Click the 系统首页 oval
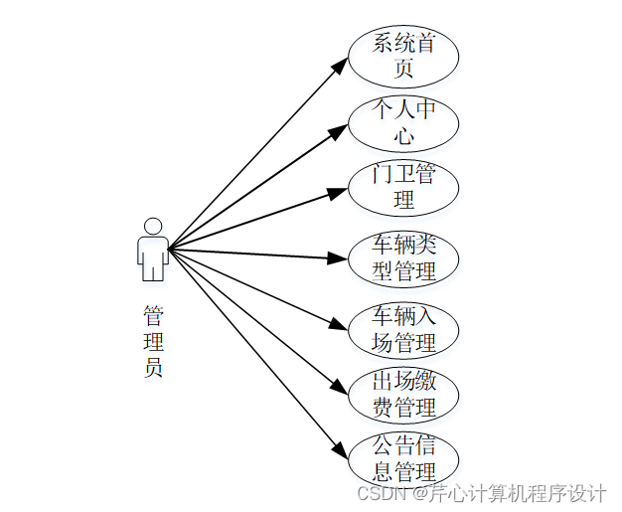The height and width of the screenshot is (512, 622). click(402, 56)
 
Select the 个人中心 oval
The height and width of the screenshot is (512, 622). click(402, 122)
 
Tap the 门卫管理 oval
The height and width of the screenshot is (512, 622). click(402, 187)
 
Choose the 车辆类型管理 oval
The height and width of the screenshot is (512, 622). click(402, 257)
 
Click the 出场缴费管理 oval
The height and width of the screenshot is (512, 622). click(402, 395)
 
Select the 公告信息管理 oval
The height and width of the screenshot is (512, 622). click(402, 459)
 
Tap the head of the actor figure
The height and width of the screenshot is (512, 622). click(152, 225)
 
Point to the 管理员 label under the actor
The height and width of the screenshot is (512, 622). click(153, 342)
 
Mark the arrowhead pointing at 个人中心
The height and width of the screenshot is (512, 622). click(339, 127)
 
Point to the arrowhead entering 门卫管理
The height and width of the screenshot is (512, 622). click(339, 191)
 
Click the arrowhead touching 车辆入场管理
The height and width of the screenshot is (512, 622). click(339, 324)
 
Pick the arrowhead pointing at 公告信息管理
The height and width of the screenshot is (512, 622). click(341, 450)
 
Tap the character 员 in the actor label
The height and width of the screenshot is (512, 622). click(153, 367)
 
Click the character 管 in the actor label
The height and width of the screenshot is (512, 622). click(153, 317)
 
